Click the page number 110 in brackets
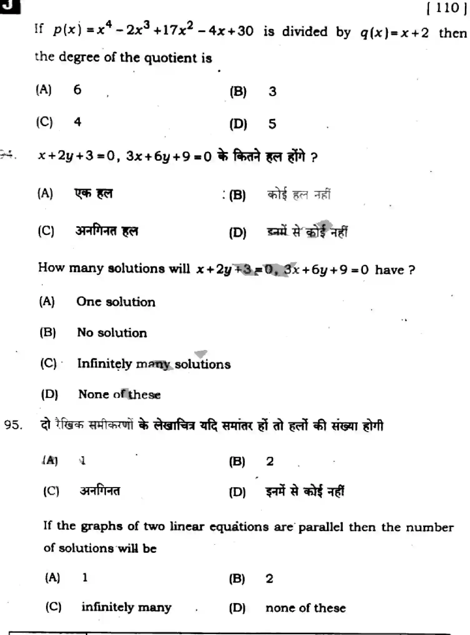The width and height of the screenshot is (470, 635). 446,8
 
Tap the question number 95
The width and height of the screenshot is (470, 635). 13,425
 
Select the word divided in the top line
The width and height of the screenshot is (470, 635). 304,32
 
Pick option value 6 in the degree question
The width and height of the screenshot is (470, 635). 77,90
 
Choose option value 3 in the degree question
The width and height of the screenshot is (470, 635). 272,92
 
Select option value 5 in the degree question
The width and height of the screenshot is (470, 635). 272,124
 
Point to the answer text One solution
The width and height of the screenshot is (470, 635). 116,302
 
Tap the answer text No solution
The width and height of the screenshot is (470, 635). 112,333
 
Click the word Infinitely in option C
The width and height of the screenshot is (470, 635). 105,364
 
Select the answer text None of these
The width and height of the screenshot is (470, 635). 119,395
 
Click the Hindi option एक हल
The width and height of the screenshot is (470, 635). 93,194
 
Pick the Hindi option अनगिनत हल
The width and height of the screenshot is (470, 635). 106,231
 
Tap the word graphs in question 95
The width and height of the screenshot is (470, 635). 101,527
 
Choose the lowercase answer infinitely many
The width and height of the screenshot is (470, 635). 126,607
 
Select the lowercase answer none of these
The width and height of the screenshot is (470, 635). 305,608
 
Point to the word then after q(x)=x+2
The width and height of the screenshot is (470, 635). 453,33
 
